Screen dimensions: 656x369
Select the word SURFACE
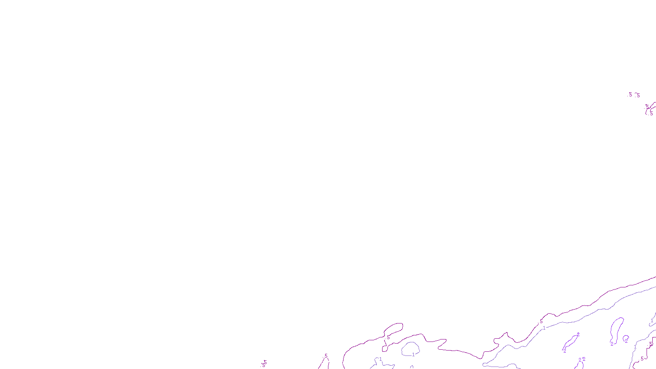coord(328,362)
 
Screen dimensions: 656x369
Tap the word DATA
coord(346,362)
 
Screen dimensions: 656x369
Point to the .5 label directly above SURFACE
coord(326,356)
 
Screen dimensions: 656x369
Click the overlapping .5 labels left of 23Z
coord(264,364)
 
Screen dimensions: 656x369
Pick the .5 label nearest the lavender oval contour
coord(388,337)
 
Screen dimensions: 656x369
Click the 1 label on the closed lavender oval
coord(413,355)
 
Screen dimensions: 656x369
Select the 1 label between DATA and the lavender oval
coord(380,359)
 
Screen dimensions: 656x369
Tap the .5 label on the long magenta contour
coord(541,321)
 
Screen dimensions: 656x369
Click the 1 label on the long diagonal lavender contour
coord(544,328)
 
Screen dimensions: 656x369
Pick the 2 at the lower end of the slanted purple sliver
coord(565,351)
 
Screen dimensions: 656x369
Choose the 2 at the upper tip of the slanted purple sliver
coord(578,334)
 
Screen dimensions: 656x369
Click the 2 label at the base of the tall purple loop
coord(612,344)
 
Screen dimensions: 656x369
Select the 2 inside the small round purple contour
coord(626,340)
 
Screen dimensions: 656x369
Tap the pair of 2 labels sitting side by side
coord(582,360)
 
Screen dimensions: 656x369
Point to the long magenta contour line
coord(594,303)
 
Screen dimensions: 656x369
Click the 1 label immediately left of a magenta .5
coord(635,347)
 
